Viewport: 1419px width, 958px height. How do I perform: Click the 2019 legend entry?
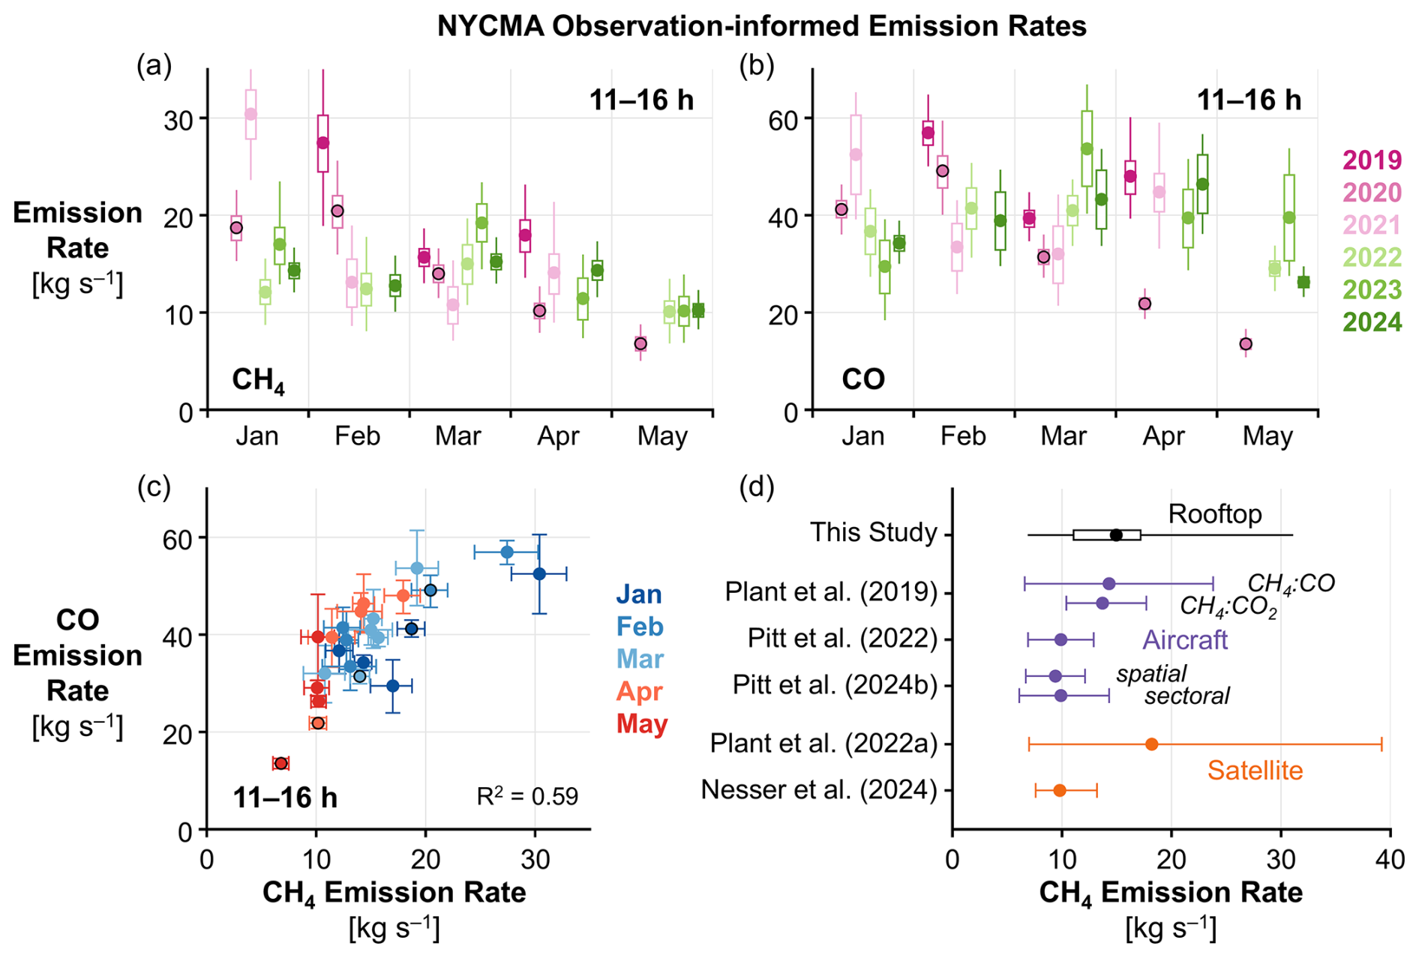coord(1372,160)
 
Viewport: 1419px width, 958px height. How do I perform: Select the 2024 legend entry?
coord(1372,322)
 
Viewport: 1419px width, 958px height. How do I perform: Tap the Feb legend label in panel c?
coord(640,627)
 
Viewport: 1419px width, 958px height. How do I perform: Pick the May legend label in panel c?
coord(642,724)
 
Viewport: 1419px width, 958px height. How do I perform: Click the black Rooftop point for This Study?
coord(1116,535)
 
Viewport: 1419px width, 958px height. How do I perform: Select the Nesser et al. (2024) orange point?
coord(1060,790)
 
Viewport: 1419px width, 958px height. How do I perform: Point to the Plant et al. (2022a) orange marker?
coord(1152,744)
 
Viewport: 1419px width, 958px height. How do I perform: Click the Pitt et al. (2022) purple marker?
coord(1060,639)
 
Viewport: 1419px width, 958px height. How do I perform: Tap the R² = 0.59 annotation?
coord(527,796)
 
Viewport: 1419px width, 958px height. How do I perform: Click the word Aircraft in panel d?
coord(1185,639)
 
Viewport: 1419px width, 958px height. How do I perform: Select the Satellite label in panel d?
coord(1255,771)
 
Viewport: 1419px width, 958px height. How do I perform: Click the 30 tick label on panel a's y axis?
coord(178,119)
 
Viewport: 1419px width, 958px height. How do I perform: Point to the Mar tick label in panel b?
coord(1063,436)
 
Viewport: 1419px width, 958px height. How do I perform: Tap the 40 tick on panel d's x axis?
coord(1390,858)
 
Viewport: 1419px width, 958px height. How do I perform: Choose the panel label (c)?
coord(154,487)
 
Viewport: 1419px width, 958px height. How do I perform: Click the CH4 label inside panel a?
coord(258,380)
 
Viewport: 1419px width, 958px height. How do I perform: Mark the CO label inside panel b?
coord(863,379)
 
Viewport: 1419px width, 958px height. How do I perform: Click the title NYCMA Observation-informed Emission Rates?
coord(762,26)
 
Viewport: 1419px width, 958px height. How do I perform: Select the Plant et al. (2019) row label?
coord(831,592)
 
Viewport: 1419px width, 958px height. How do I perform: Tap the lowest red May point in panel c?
coord(281,763)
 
